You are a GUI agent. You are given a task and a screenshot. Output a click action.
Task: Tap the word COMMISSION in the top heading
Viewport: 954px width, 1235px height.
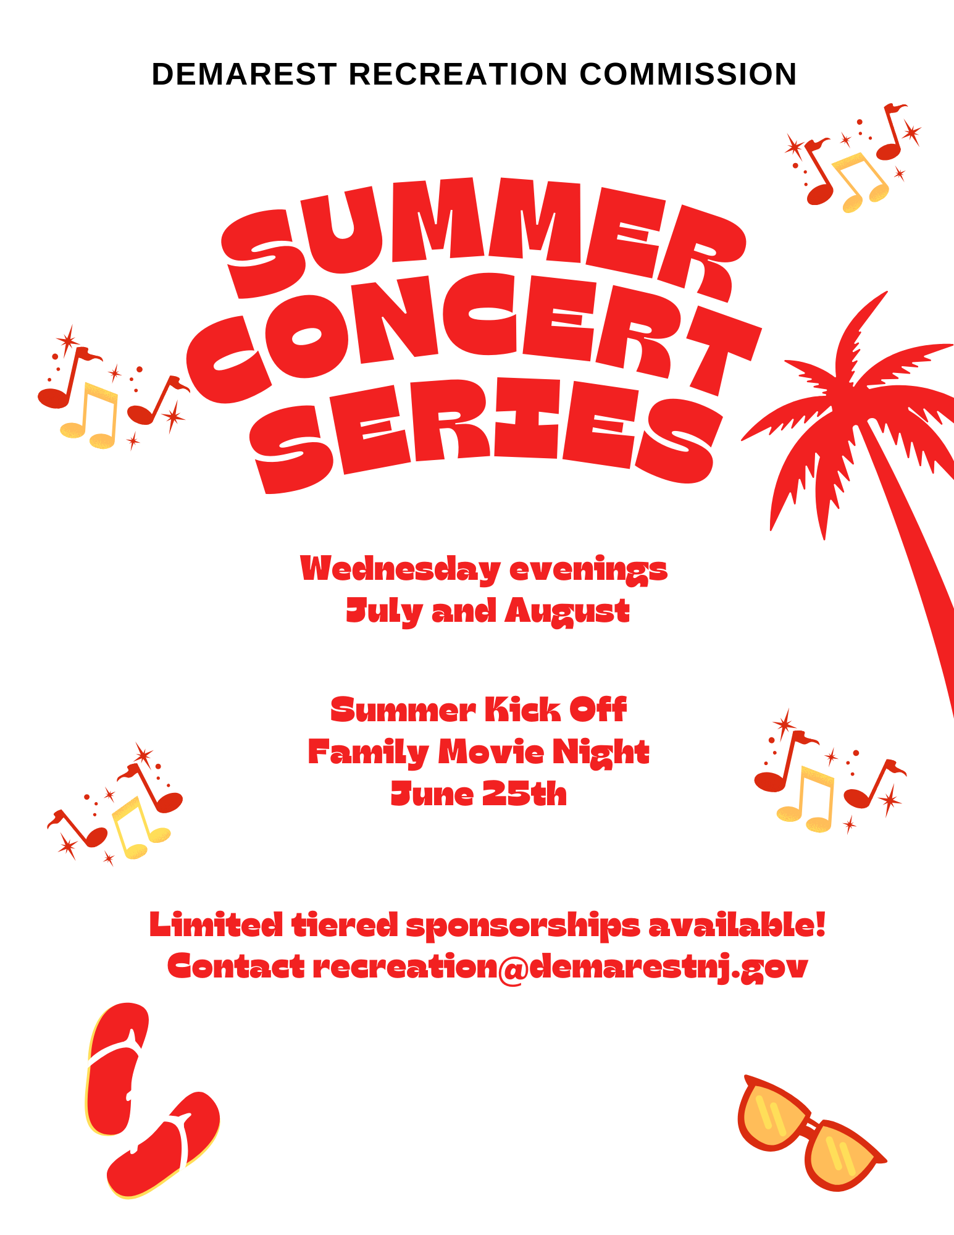tap(688, 74)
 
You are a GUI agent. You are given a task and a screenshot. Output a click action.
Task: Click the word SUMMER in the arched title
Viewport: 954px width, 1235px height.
tap(482, 232)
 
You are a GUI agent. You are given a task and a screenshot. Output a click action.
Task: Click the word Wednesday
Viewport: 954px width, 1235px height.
tap(400, 569)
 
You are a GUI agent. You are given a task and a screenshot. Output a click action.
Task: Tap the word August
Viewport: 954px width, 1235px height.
tap(567, 611)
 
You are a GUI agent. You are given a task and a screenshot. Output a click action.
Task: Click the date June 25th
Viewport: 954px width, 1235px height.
tap(479, 793)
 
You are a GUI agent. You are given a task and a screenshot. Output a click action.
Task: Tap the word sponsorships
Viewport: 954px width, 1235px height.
tap(523, 926)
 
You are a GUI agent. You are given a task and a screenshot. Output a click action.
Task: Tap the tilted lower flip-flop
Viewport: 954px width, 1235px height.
tap(164, 1145)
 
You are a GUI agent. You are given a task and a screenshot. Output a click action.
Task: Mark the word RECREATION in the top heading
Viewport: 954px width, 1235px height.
tap(458, 74)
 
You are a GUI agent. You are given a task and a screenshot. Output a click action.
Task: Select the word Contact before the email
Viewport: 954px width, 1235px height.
tap(236, 967)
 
